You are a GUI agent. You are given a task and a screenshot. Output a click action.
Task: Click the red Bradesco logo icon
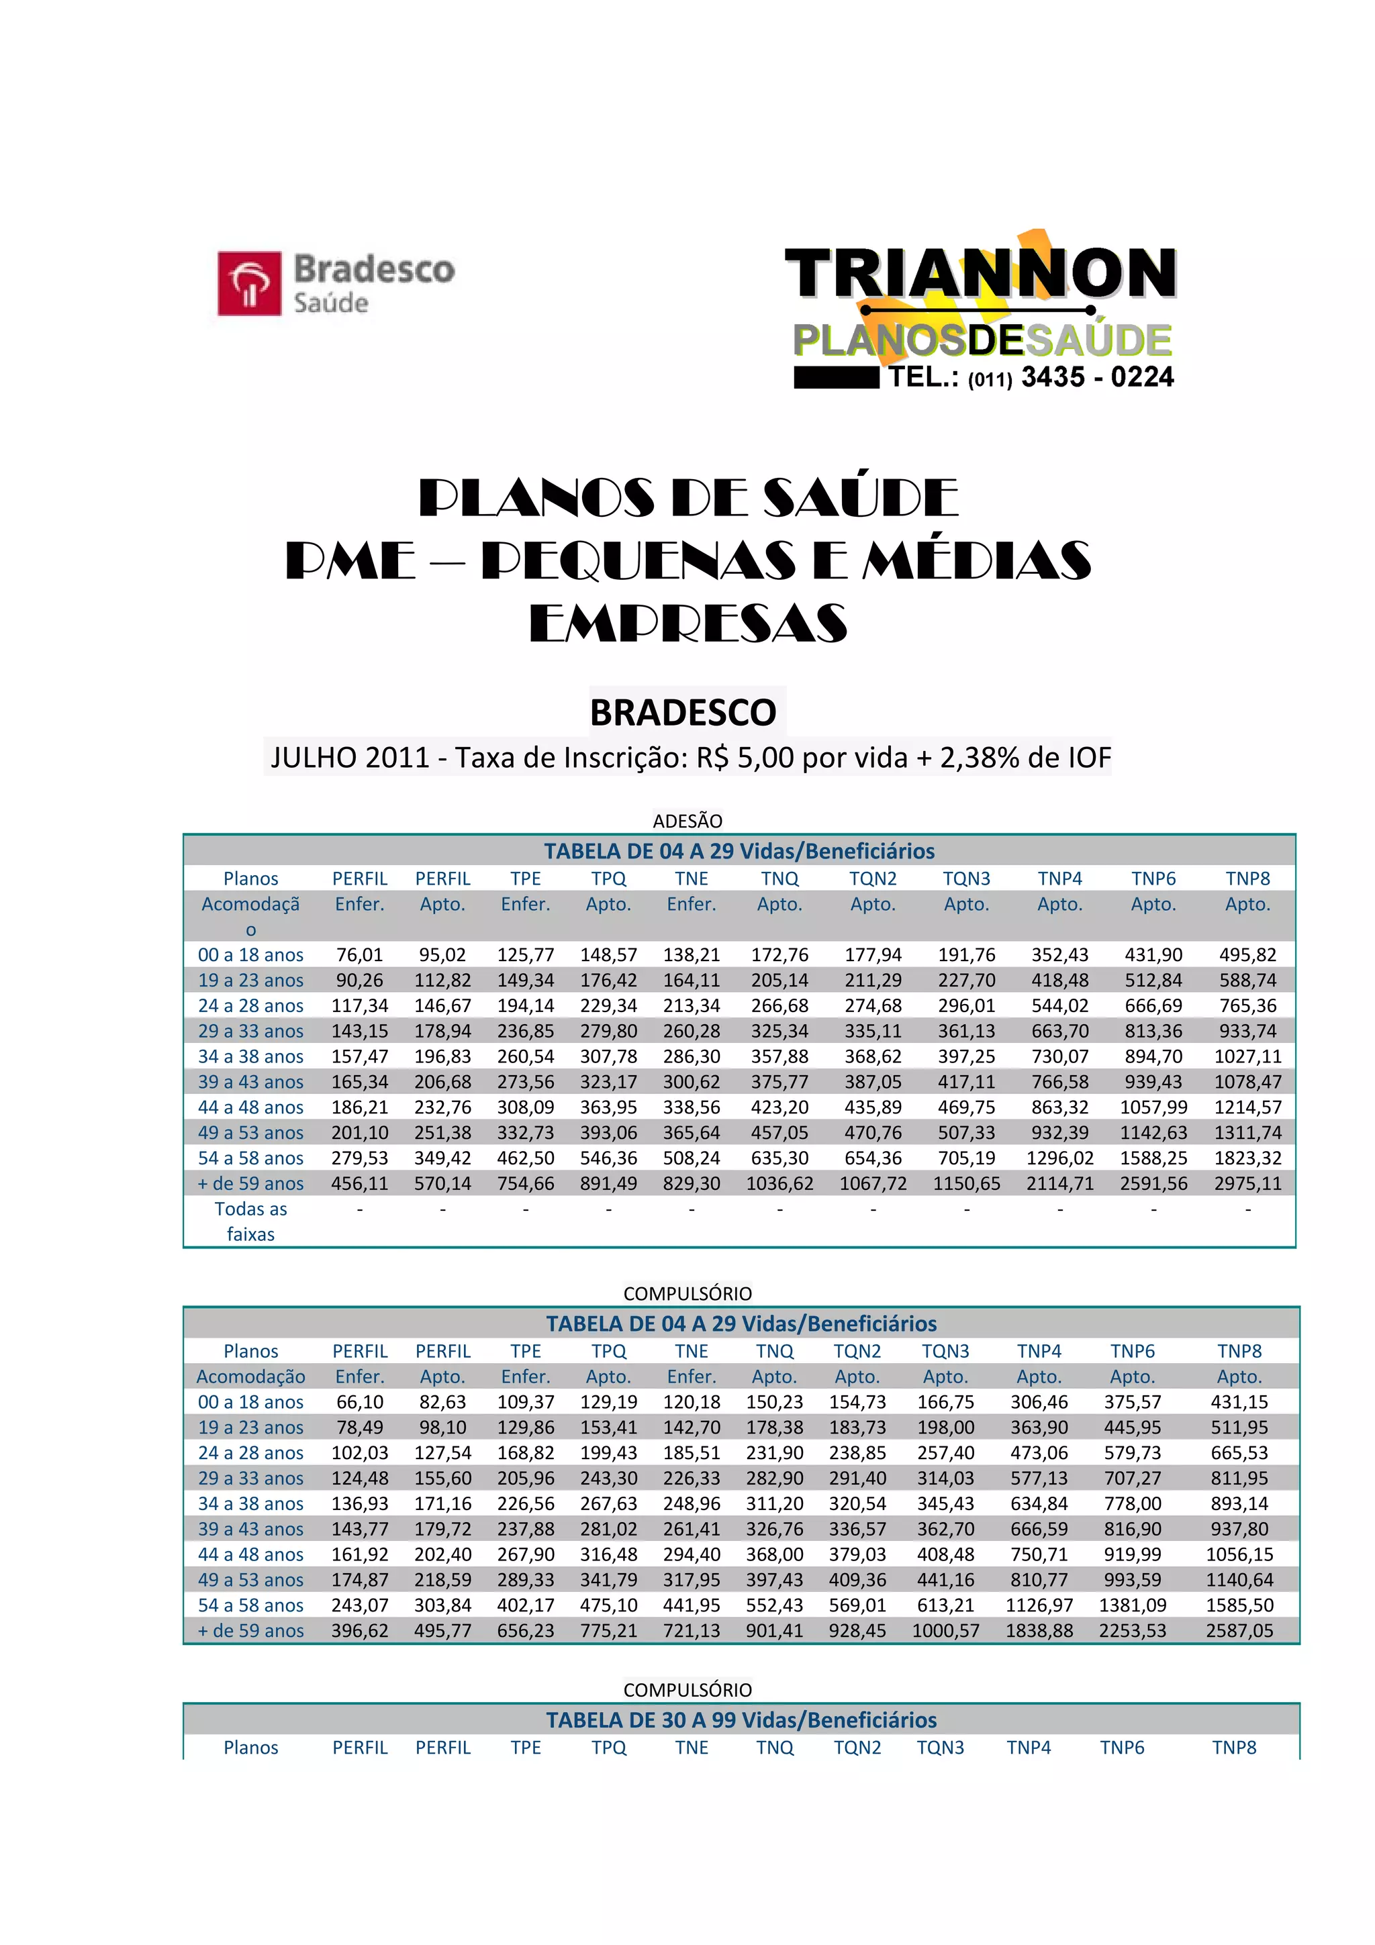tap(249, 283)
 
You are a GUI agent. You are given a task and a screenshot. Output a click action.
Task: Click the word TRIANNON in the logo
tap(980, 274)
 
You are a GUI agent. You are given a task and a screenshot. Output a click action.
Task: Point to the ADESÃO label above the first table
tap(687, 821)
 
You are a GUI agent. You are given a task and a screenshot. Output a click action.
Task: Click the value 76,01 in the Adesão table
tap(359, 954)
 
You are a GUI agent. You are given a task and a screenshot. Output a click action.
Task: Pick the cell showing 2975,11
tap(1247, 1183)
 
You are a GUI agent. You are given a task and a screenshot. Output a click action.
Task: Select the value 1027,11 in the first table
tap(1247, 1056)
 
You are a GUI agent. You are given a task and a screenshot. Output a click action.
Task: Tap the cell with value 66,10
tap(359, 1402)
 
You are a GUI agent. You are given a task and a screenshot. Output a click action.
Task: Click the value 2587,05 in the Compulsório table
tap(1239, 1631)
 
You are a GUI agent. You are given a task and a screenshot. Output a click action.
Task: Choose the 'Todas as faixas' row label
tap(251, 1221)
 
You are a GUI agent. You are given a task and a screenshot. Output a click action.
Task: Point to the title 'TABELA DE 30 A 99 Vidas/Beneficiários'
tap(741, 1719)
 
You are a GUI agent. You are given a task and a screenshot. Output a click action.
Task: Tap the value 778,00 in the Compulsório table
tap(1132, 1503)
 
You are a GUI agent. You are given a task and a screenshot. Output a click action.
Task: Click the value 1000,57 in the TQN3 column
tap(945, 1631)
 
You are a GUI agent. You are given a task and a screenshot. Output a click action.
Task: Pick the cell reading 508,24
tap(692, 1158)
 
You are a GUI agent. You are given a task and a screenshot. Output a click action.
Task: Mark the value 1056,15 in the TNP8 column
tap(1239, 1554)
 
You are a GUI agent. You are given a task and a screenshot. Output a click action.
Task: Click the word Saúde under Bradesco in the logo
tap(330, 303)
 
